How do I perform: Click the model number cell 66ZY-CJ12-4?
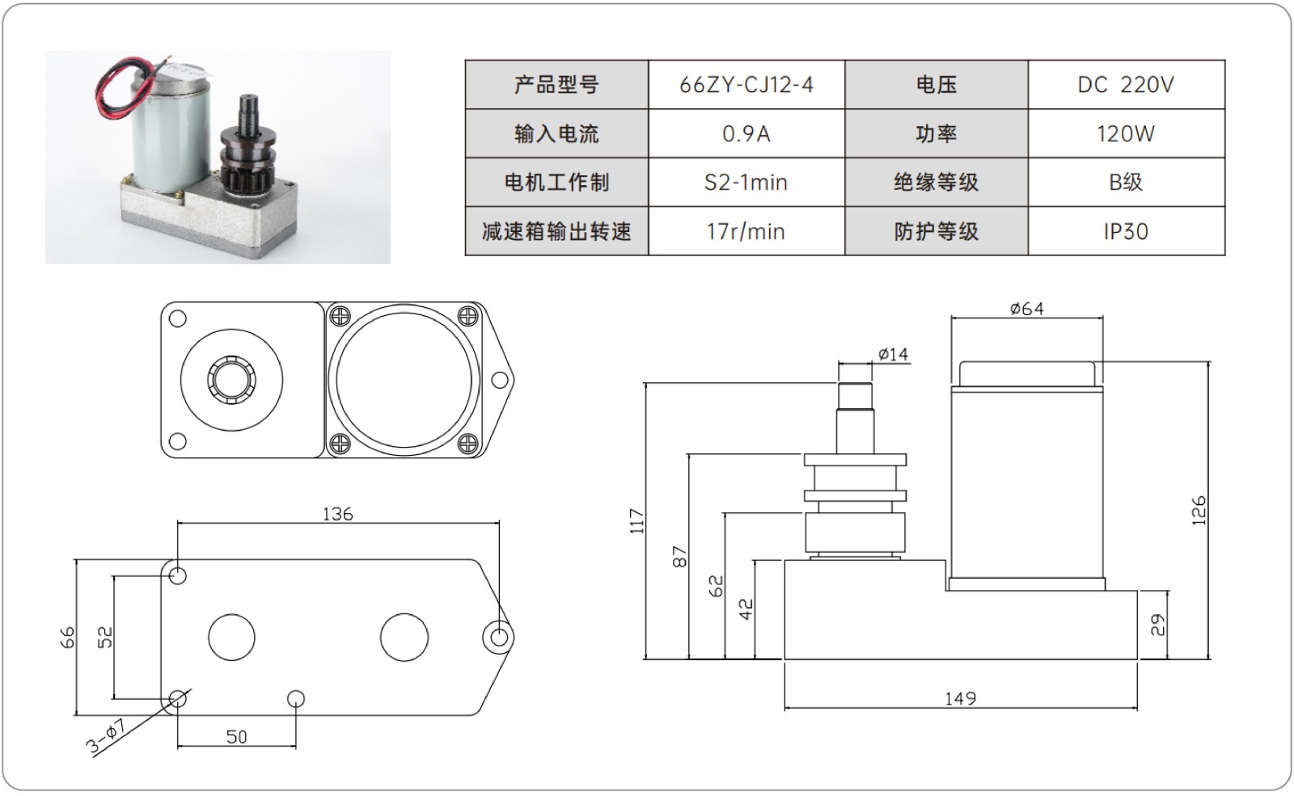pos(746,85)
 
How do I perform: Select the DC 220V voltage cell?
pos(1125,85)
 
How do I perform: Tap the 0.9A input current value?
pos(746,134)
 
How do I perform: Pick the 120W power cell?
pos(1125,134)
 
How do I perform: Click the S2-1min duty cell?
pos(746,183)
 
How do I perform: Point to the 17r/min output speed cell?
pos(746,232)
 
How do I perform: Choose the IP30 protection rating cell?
pos(1125,232)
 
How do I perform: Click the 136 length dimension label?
pos(337,514)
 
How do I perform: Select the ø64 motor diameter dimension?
pos(1026,309)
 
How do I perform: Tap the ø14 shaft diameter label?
pos(893,354)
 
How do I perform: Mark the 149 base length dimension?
pos(960,698)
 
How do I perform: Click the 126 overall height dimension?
pos(1199,511)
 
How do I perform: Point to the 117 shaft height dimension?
pos(637,521)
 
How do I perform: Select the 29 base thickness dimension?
pos(1158,625)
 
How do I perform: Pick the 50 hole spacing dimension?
pos(236,737)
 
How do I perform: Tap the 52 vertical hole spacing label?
pos(105,637)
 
